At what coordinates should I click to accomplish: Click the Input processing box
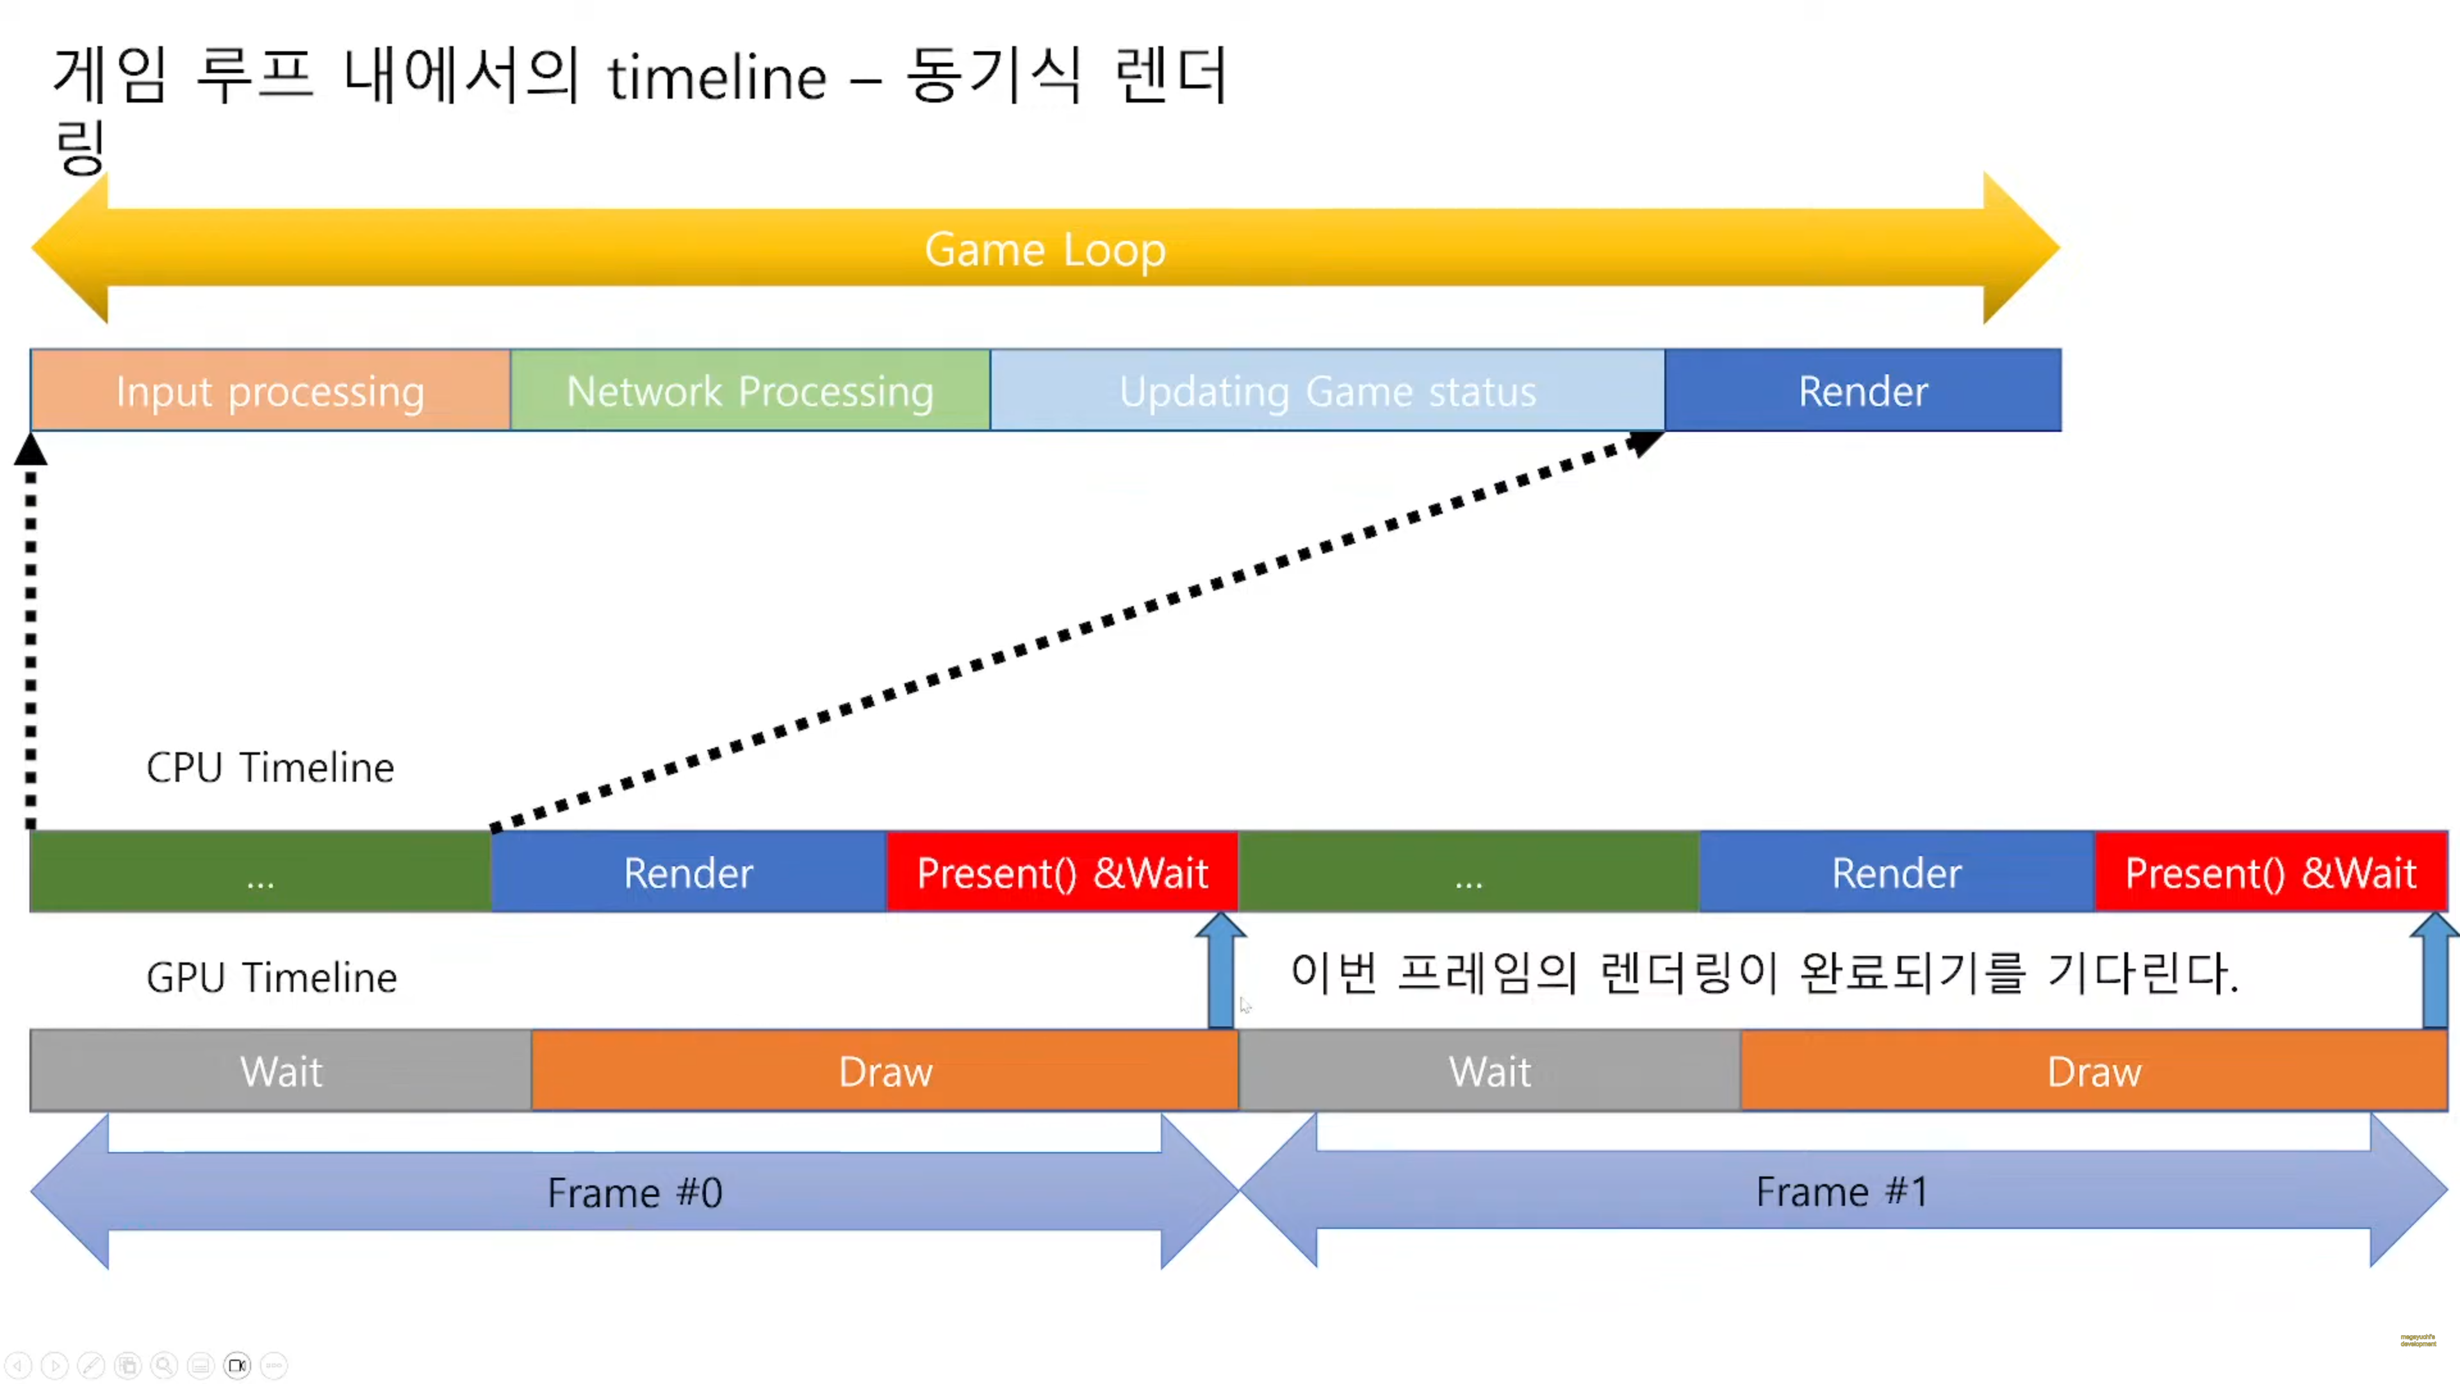click(x=270, y=391)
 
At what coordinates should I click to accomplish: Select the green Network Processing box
click(x=750, y=391)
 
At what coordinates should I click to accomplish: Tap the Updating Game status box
click(x=1327, y=391)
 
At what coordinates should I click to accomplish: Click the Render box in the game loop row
click(x=1862, y=391)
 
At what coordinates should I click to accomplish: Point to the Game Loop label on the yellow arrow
click(x=1045, y=249)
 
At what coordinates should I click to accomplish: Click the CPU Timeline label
click(x=270, y=767)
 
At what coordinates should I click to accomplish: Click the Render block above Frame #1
click(x=1896, y=873)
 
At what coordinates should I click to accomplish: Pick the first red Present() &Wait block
click(x=1062, y=873)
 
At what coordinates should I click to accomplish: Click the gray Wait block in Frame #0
click(x=281, y=1071)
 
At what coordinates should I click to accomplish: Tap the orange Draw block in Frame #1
click(x=2094, y=1071)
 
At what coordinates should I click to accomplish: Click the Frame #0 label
click(x=635, y=1192)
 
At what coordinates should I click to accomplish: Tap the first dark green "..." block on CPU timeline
click(x=259, y=873)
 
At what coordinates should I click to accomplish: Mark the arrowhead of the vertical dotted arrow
click(x=31, y=449)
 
